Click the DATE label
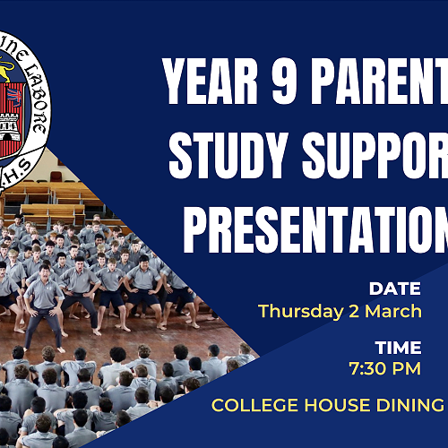(x=394, y=289)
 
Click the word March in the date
(x=393, y=312)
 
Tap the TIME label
(x=396, y=347)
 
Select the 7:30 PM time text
(x=385, y=368)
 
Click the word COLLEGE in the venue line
(x=252, y=406)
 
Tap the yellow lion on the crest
(x=9, y=70)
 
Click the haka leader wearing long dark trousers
(x=42, y=305)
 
